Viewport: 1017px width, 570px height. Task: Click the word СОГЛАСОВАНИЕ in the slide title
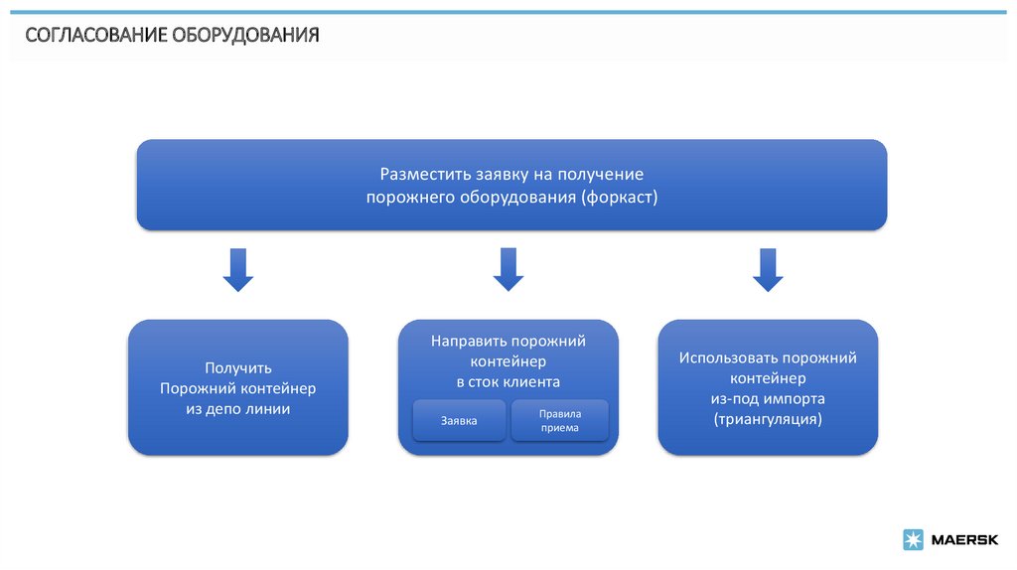tap(96, 37)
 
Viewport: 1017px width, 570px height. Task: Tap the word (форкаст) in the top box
tap(620, 197)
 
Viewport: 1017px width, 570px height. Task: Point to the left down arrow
tap(237, 270)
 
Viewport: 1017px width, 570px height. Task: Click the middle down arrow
tap(508, 270)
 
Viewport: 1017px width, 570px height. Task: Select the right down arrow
tap(767, 270)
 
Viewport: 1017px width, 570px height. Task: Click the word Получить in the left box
tap(238, 367)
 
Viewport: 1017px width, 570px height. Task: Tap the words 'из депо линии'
tap(238, 408)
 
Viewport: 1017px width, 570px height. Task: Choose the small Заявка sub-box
tap(459, 421)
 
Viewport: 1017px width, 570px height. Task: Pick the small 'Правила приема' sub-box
tap(559, 421)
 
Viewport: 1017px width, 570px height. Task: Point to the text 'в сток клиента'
tap(508, 381)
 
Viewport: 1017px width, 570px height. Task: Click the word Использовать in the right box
tap(729, 357)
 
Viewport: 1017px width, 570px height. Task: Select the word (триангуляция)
tap(768, 419)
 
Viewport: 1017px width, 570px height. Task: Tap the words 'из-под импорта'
tap(768, 398)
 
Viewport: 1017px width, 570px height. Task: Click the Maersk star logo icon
tap(913, 540)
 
